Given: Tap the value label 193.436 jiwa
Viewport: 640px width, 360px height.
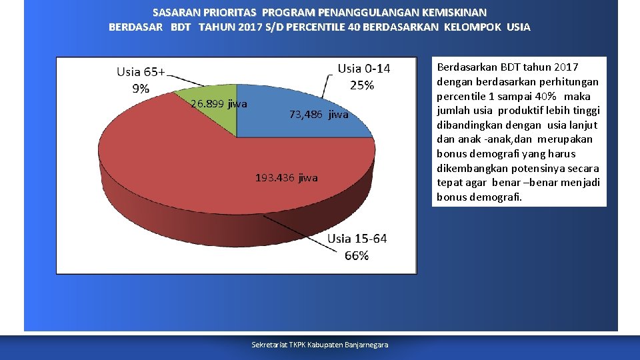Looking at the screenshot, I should tap(287, 178).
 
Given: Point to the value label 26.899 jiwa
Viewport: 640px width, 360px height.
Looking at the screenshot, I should tap(219, 104).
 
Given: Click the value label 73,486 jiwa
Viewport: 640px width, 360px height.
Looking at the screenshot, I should tap(319, 115).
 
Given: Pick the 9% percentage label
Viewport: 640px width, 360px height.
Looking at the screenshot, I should tap(141, 88).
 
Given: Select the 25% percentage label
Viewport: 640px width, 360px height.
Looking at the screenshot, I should tap(362, 85).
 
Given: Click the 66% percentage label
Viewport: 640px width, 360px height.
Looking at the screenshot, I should tap(357, 256).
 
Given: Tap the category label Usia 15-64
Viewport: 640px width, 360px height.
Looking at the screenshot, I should tap(357, 239).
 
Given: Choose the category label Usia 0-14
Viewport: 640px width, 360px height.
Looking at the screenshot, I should tap(364, 69).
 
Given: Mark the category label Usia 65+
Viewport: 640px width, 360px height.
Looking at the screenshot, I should tap(141, 72).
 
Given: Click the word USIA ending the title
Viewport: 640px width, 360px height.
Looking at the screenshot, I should tap(518, 27).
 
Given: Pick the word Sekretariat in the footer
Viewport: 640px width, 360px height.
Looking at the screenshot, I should tap(267, 345).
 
